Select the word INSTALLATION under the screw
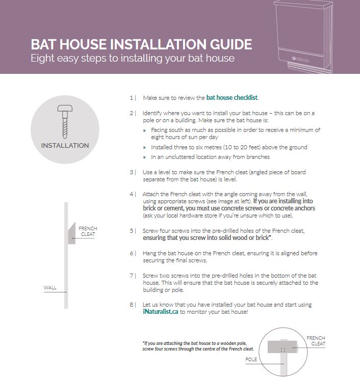click(65, 146)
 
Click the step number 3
click(132, 172)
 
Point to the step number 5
click(132, 230)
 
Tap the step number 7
click(132, 276)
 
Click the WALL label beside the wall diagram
click(50, 288)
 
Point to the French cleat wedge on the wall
click(71, 233)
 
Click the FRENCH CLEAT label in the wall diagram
click(88, 231)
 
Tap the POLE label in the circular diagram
click(252, 359)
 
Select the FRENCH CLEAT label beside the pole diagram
click(316, 341)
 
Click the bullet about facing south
click(235, 133)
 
